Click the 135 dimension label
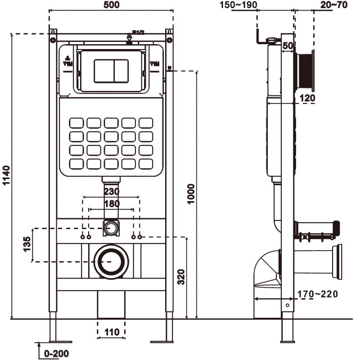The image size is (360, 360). click(x=27, y=245)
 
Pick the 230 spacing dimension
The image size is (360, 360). click(x=112, y=191)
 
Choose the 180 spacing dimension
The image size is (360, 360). click(x=112, y=203)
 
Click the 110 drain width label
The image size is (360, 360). click(x=111, y=333)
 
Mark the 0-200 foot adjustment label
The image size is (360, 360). click(x=56, y=354)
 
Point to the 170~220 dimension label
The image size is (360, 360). click(x=318, y=294)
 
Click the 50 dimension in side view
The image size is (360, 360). click(x=288, y=45)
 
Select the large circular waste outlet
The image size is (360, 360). click(x=111, y=261)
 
